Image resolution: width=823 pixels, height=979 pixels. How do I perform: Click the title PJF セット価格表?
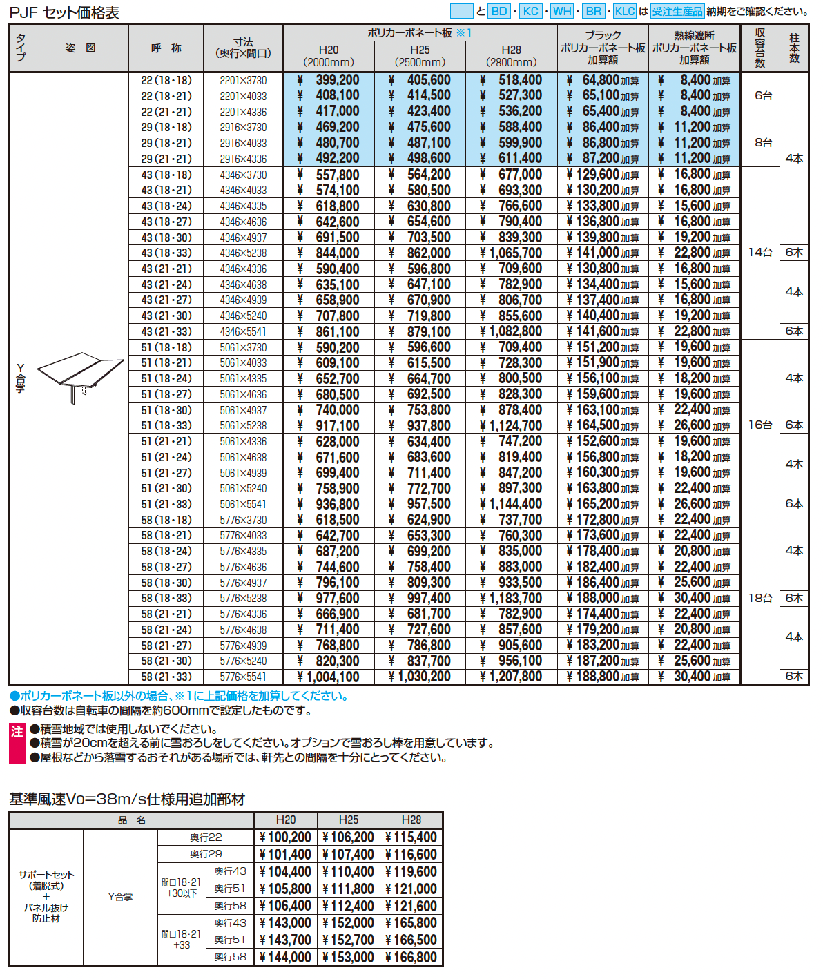pos(64,12)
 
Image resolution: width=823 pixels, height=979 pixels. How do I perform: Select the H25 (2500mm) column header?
pos(420,55)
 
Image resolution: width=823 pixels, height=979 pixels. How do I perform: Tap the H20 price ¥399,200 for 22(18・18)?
pos(329,80)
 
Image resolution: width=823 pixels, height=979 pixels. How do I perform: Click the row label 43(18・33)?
pos(166,253)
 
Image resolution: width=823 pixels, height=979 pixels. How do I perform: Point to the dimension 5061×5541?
pos(243,504)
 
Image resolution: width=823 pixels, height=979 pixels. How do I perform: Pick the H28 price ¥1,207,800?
pos(511,677)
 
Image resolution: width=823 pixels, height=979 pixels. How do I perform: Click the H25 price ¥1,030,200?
pos(420,677)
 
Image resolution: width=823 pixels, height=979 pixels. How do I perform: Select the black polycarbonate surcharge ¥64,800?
pos(602,80)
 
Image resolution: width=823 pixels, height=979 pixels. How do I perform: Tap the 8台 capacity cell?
pos(763,142)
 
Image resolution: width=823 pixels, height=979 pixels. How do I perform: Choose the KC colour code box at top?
pos(530,11)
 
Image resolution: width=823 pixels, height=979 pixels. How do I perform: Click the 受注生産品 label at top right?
pos(677,11)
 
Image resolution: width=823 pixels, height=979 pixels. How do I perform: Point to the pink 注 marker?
pos(17,733)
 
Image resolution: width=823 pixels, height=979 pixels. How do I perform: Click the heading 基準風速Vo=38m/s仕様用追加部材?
pos(127,799)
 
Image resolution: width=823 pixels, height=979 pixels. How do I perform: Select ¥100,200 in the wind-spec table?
pos(286,837)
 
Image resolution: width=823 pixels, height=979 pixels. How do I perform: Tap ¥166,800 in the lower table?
pos(411,957)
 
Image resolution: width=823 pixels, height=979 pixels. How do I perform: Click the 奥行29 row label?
pos(206,854)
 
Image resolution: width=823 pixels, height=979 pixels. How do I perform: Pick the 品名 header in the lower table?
pos(132,820)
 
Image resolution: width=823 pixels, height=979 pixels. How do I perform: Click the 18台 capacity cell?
pos(760,598)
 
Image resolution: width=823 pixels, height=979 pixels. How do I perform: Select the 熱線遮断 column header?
pos(694,48)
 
